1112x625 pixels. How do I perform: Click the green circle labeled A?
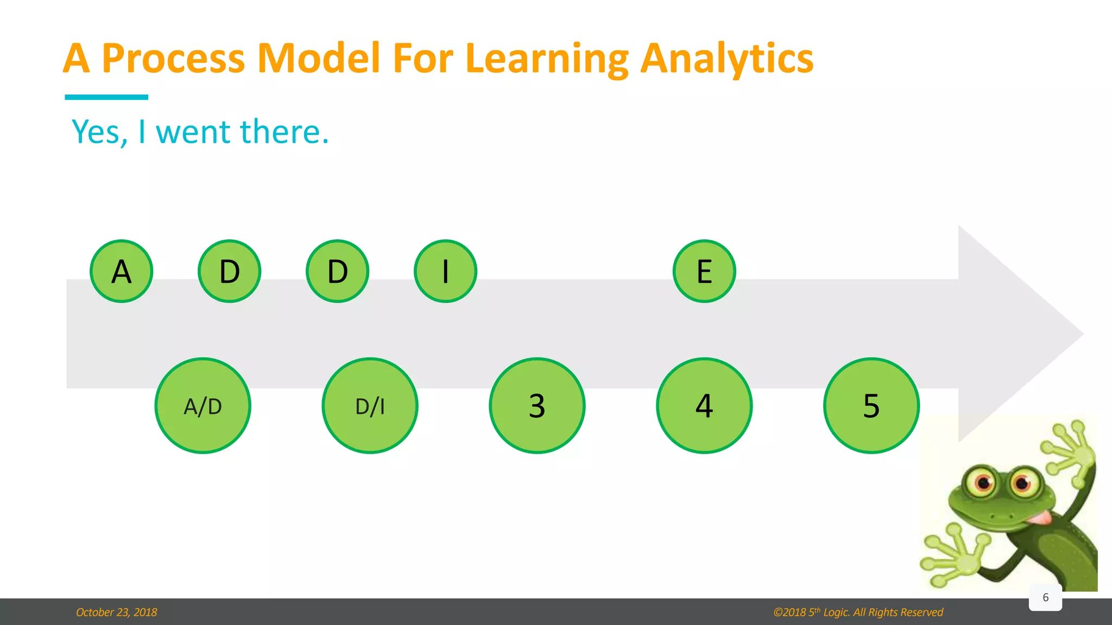tap(121, 271)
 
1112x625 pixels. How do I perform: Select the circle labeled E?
tap(704, 271)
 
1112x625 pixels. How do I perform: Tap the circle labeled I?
tap(445, 271)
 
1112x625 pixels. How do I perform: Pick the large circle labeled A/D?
tap(203, 405)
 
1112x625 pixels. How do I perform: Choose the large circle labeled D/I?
tap(370, 405)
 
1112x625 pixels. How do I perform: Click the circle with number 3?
tap(537, 405)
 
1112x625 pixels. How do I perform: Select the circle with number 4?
tap(704, 405)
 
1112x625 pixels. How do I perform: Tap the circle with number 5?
tap(871, 405)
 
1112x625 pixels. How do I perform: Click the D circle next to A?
tap(229, 271)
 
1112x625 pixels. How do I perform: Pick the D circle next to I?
tap(337, 271)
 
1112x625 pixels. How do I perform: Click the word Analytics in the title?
tap(726, 58)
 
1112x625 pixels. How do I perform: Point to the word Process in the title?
tap(173, 58)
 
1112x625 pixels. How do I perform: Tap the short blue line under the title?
tap(106, 97)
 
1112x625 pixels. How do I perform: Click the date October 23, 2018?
tap(116, 612)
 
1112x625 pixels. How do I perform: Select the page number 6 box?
tap(1045, 597)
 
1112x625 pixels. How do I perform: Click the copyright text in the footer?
tap(858, 612)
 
